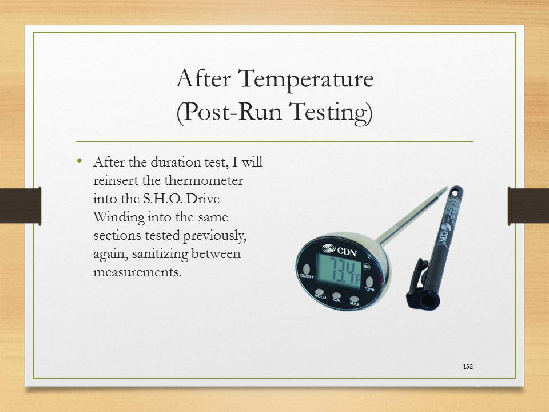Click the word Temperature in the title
[306, 79]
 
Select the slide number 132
[468, 366]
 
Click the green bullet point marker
[79, 161]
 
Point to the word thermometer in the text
[204, 180]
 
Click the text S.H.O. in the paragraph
[162, 199]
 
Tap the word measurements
[137, 272]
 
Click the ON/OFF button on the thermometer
[307, 269]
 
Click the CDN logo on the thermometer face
[340, 250]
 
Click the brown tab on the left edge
[21, 205]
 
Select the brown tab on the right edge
[528, 205]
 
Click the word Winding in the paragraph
[119, 217]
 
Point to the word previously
[214, 236]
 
